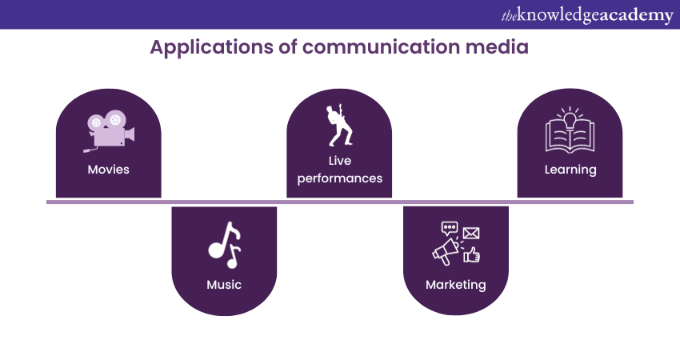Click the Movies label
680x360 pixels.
(x=108, y=170)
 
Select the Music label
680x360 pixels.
(x=224, y=285)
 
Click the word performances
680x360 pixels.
(x=340, y=178)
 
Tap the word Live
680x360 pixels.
(x=340, y=162)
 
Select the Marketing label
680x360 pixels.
(x=455, y=285)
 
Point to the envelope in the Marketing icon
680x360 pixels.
(x=470, y=234)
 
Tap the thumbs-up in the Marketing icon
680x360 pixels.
(x=472, y=254)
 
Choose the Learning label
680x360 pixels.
(x=570, y=170)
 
